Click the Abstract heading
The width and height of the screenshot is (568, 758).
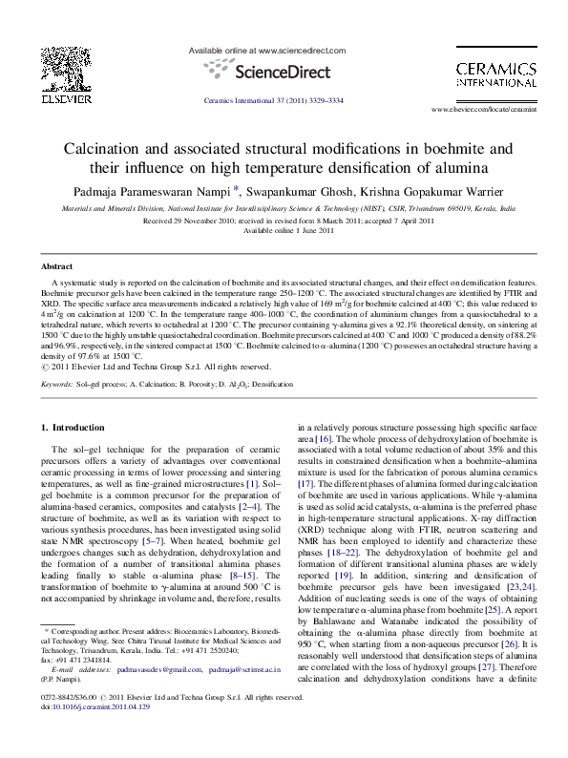tap(59, 266)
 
